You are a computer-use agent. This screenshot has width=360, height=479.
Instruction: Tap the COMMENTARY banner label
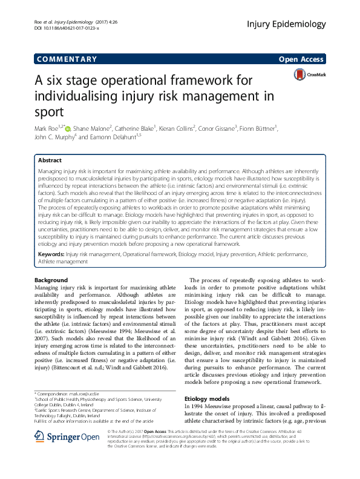(67, 59)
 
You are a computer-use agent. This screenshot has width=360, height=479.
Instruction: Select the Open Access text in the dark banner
(302, 59)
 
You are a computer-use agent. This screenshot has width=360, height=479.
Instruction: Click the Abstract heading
(50, 160)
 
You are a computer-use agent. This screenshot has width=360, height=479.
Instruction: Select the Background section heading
(51, 280)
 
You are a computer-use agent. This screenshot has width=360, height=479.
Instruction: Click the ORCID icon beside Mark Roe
(67, 128)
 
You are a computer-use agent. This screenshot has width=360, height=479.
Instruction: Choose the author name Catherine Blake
(131, 128)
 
